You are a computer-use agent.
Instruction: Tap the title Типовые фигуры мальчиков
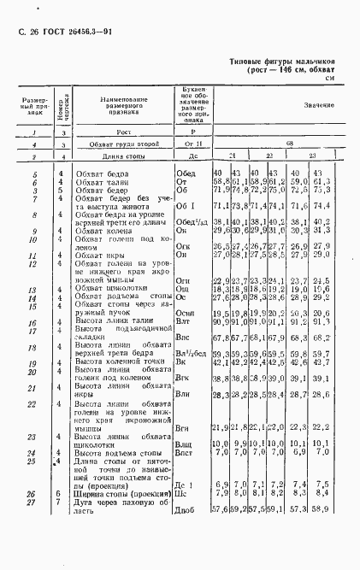[x=285, y=63]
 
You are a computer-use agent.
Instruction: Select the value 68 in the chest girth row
[x=290, y=144]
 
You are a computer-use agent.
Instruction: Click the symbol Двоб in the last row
[x=186, y=533]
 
